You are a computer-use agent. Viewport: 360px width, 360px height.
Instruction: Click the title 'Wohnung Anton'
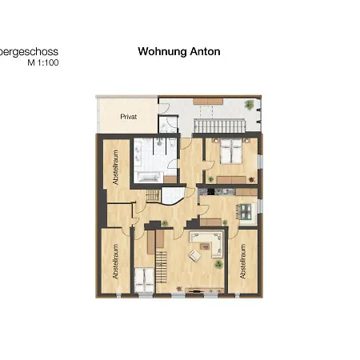pyautogui.click(x=178, y=51)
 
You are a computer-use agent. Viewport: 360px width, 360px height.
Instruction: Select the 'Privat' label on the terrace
pyautogui.click(x=128, y=117)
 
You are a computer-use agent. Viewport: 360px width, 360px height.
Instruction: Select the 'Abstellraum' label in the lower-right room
pyautogui.click(x=242, y=262)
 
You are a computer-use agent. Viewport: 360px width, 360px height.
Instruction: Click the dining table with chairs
pyautogui.click(x=244, y=210)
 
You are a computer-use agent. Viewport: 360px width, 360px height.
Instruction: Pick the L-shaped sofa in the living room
pyautogui.click(x=206, y=239)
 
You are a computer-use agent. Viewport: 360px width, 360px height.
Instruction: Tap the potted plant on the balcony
pyautogui.click(x=250, y=104)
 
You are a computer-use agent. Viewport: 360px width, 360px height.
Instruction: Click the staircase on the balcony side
pyautogui.click(x=219, y=126)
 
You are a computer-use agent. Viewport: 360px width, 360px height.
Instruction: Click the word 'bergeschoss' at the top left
pyautogui.click(x=29, y=51)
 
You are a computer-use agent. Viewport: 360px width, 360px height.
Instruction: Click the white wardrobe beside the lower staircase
pyautogui.click(x=146, y=278)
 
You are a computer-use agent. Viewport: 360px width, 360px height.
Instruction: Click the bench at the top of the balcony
pyautogui.click(x=211, y=101)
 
